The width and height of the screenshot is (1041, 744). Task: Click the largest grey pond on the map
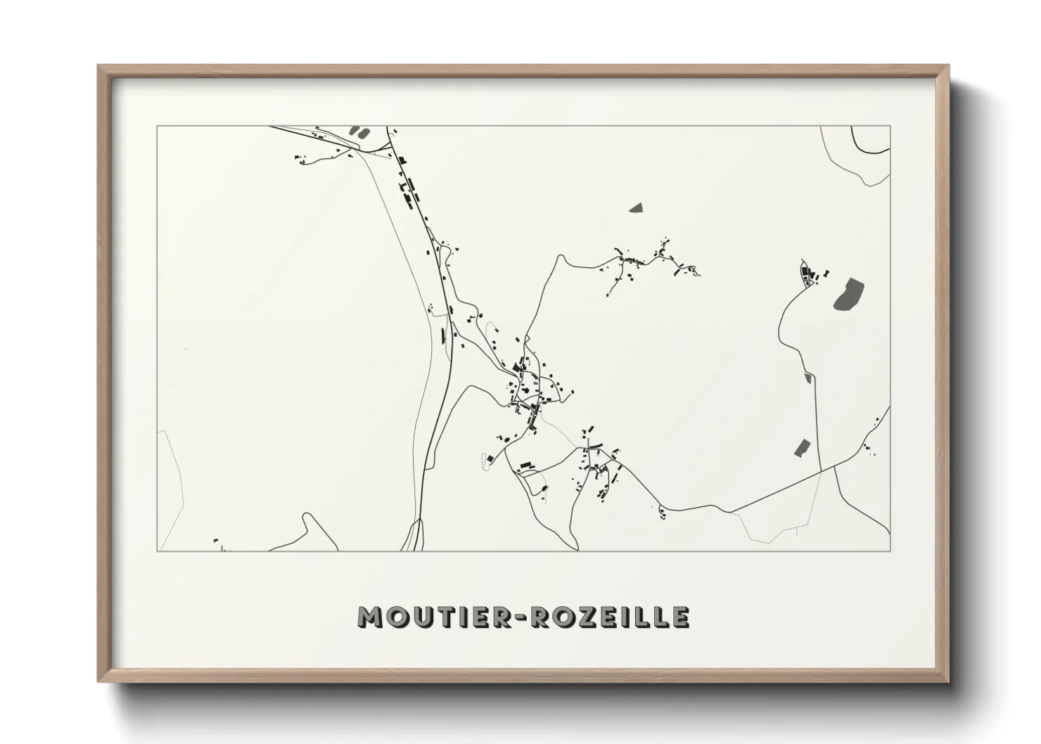(x=850, y=293)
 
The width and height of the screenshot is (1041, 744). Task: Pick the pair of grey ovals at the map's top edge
(x=359, y=131)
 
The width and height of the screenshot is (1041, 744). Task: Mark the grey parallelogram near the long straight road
(x=802, y=447)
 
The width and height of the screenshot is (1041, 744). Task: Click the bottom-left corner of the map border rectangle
(x=158, y=551)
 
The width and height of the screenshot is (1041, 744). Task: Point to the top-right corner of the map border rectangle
(x=890, y=127)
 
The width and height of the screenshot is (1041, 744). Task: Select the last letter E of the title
(x=680, y=617)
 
